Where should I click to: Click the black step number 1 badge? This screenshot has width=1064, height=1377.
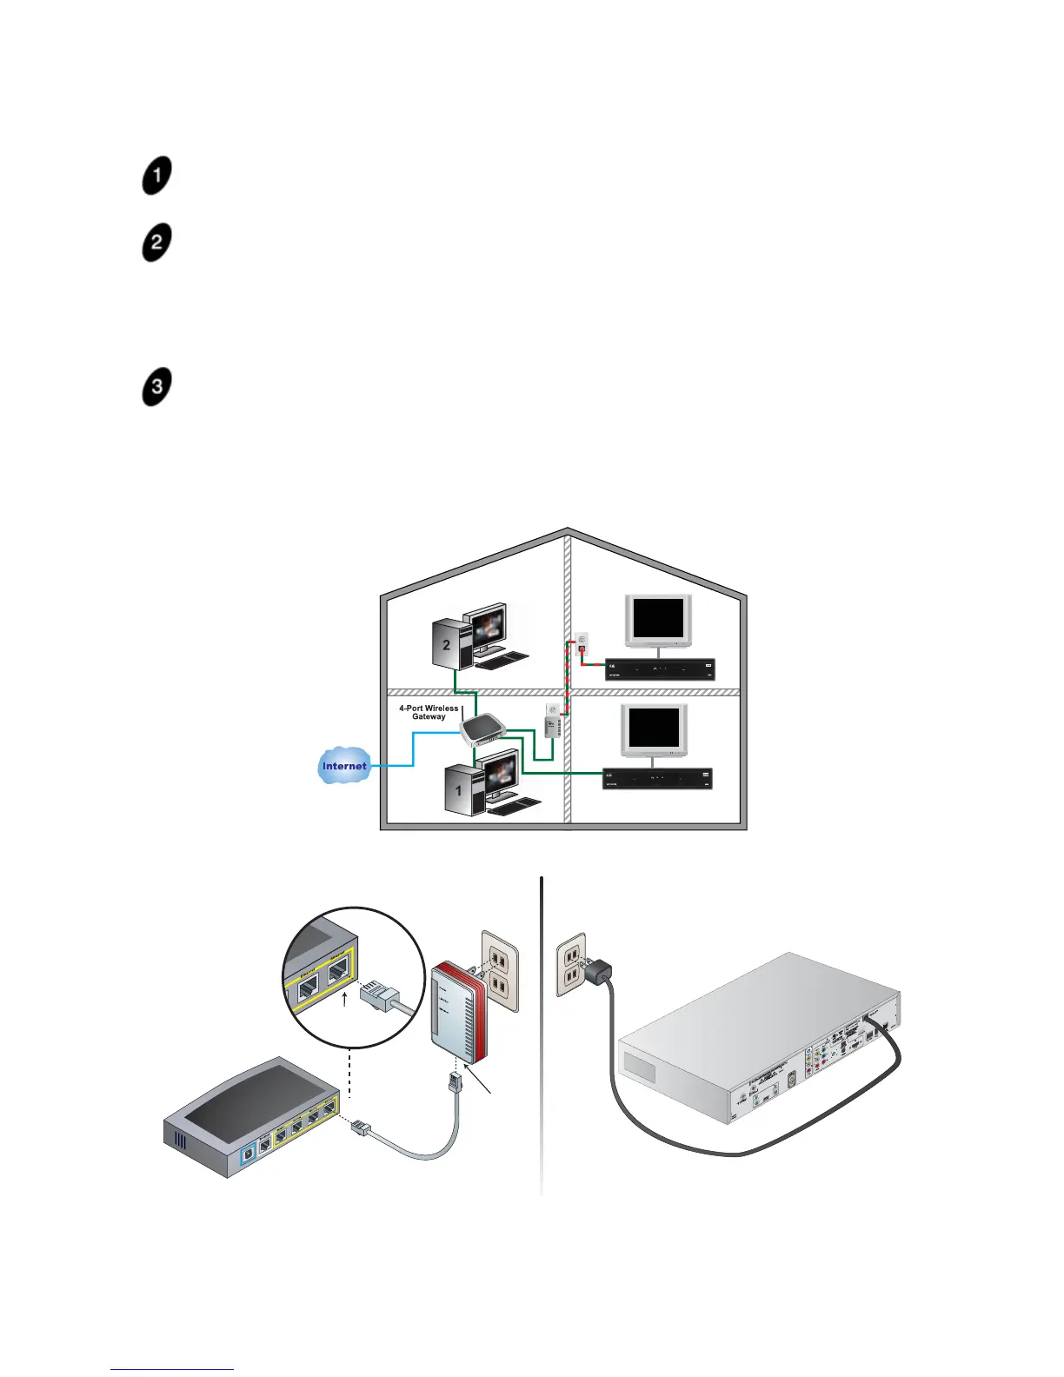[156, 176]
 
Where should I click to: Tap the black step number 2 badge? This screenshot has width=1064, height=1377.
[156, 243]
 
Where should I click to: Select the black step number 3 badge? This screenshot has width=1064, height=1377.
[156, 387]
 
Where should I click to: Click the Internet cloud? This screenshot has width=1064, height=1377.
[344, 766]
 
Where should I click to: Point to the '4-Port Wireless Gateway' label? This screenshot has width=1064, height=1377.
[429, 712]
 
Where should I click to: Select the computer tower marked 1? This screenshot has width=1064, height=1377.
[460, 789]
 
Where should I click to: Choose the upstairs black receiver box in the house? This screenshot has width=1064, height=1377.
[660, 669]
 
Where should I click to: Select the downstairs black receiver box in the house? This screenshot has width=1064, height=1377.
[658, 778]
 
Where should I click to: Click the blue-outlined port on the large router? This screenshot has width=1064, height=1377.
[249, 1151]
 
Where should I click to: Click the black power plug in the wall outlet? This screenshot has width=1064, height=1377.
[599, 972]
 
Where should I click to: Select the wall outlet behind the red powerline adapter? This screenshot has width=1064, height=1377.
[500, 971]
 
